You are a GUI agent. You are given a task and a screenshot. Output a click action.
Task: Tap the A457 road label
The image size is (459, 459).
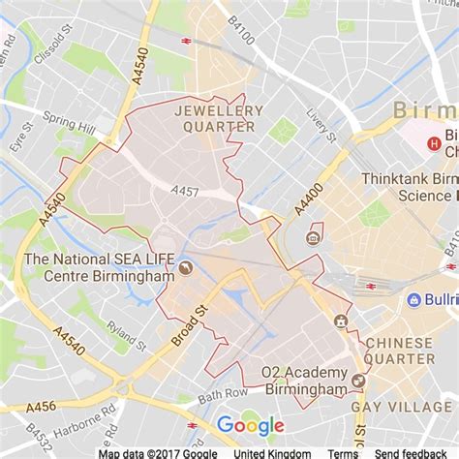click(184, 192)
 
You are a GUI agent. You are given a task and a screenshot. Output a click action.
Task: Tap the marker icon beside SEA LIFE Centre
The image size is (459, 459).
click(185, 267)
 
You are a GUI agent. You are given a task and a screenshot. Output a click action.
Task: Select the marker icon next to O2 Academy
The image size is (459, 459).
click(359, 381)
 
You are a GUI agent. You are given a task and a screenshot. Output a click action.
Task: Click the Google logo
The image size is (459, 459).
click(250, 425)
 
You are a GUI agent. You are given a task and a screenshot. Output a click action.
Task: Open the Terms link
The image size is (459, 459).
click(343, 452)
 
